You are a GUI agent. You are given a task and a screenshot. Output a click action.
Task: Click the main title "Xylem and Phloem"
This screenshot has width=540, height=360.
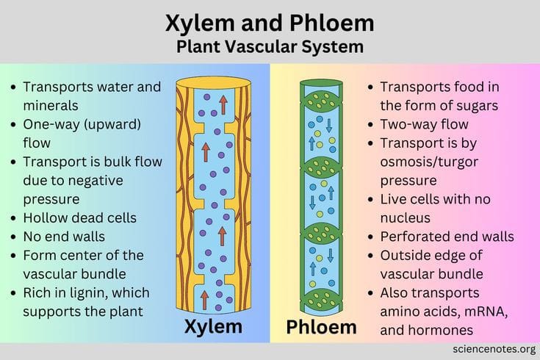point(270,23)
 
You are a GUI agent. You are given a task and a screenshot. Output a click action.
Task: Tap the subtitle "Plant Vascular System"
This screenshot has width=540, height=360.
point(270,47)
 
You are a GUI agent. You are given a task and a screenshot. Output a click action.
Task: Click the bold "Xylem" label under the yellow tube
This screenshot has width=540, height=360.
point(213,327)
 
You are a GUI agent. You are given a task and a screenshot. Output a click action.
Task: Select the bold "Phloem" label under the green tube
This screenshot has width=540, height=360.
point(321,327)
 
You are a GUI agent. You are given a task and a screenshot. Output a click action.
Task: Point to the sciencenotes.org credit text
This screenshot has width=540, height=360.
point(494,349)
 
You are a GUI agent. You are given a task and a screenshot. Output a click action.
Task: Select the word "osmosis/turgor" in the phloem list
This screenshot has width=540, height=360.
point(429,162)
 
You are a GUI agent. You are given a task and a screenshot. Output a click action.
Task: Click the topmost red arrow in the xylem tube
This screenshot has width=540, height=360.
point(223,105)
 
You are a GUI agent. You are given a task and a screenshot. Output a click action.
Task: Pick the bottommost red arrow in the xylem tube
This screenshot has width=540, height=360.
point(204,300)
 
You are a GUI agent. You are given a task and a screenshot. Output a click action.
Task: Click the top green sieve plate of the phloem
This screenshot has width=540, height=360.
point(321,99)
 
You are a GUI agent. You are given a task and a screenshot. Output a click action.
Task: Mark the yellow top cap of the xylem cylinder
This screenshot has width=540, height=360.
point(214,83)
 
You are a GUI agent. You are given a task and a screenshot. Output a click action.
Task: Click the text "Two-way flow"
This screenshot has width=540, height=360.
point(425,124)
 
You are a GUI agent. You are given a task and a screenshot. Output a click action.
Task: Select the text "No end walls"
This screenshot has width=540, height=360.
point(64,237)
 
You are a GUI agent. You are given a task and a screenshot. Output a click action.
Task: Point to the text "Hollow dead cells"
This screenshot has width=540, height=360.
point(80,218)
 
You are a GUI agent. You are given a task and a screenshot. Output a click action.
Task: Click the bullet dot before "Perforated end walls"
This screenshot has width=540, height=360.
point(370,237)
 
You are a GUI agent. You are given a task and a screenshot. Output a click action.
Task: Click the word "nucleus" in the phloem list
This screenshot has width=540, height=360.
point(406,218)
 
